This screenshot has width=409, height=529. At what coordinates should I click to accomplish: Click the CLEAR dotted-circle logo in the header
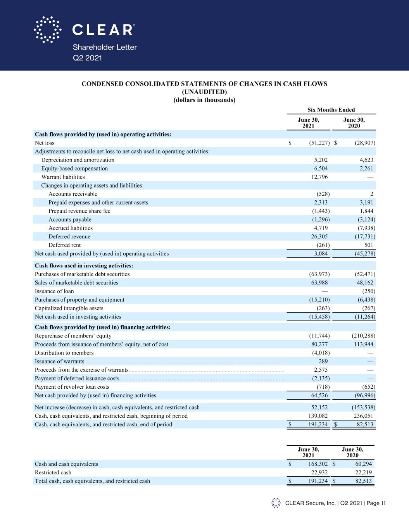tap(47, 29)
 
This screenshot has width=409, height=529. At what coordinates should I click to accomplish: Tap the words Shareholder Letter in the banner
tap(105, 47)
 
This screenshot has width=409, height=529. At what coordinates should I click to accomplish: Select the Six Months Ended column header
tap(331, 110)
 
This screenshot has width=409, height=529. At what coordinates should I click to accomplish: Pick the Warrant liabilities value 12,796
tap(318, 177)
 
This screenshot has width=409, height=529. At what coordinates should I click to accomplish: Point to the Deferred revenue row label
tap(69, 237)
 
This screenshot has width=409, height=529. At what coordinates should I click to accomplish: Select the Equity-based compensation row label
tap(74, 169)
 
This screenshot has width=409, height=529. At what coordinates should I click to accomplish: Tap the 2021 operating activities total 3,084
tap(320, 254)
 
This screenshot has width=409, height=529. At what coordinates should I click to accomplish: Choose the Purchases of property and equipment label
tap(79, 300)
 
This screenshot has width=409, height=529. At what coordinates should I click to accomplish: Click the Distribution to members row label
tap(64, 353)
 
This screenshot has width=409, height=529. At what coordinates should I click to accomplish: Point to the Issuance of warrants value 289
tap(323, 362)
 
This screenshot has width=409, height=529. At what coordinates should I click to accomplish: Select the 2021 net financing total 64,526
tap(319, 396)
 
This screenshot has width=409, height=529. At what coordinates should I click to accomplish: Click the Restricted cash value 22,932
tap(319, 473)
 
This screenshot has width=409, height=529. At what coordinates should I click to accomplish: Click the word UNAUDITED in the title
tap(204, 92)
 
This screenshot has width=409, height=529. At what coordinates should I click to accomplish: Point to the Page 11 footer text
tap(376, 503)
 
